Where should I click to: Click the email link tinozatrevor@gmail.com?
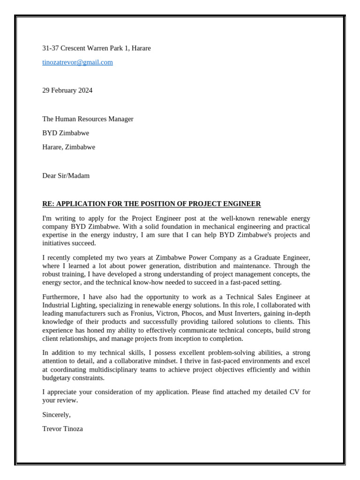click(77, 62)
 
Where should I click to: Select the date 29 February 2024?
click(67, 90)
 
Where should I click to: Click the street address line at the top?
click(97, 48)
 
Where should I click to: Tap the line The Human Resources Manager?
click(88, 119)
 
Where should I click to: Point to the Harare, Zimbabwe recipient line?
click(68, 147)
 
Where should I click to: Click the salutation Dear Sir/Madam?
click(66, 176)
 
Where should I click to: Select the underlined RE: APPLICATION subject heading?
click(151, 204)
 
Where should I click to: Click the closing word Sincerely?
click(56, 414)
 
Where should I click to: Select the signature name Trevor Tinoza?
click(62, 428)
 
